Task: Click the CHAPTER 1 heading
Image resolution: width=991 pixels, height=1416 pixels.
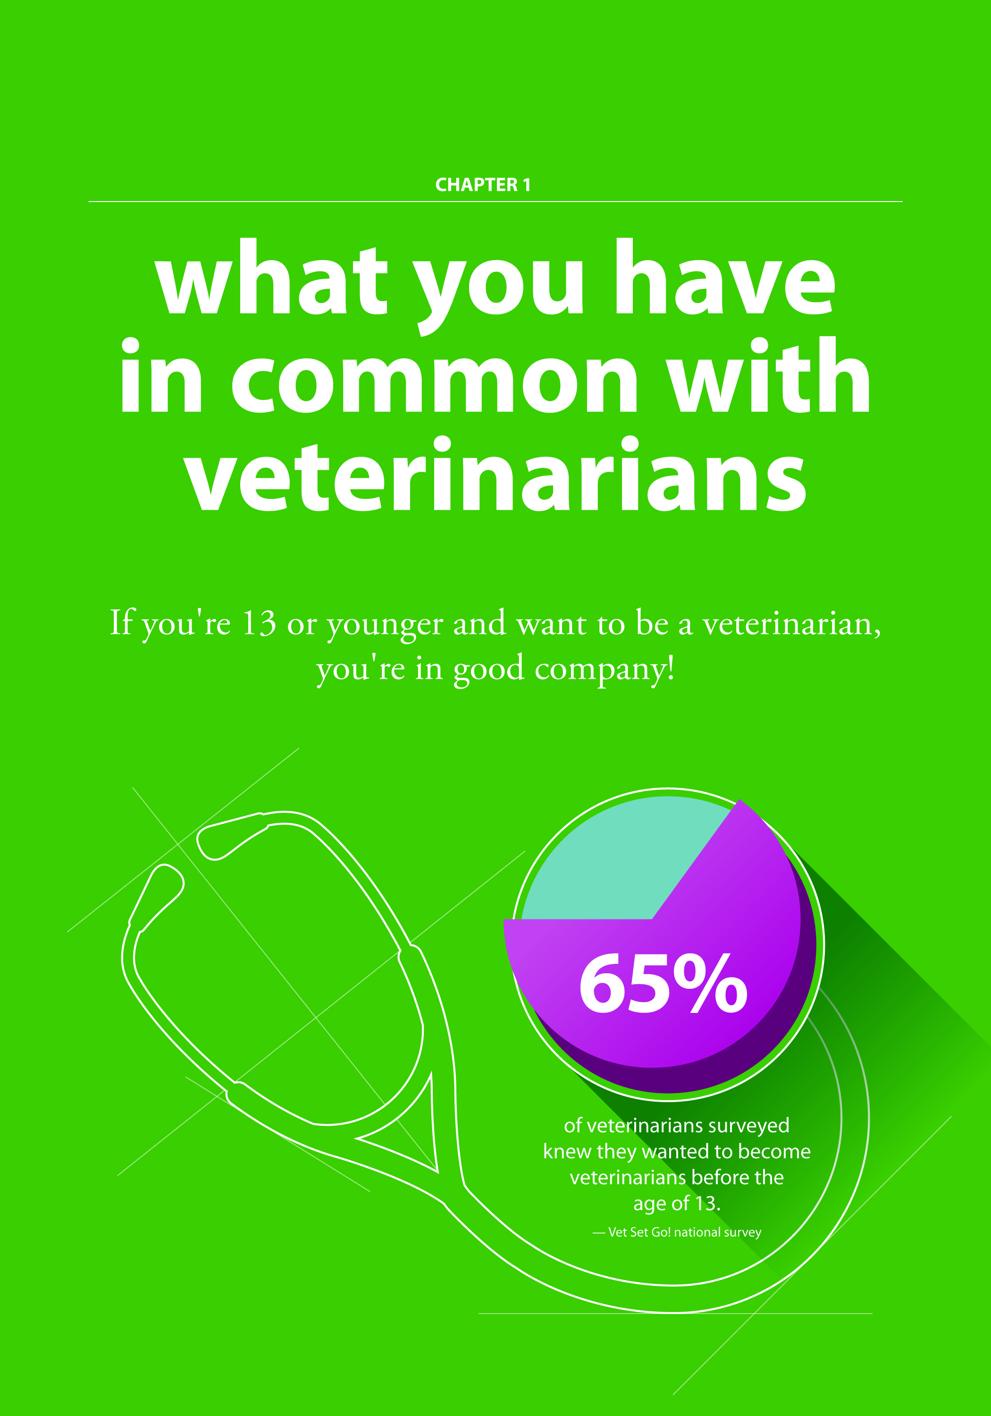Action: (483, 185)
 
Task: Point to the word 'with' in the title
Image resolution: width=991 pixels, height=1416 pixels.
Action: (770, 375)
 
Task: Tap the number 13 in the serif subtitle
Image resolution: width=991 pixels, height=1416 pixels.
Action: (259, 623)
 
